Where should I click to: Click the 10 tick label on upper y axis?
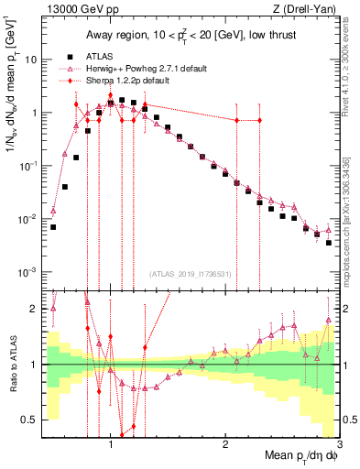(x=30, y=60)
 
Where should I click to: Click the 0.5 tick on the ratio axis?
(x=29, y=420)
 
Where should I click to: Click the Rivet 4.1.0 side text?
(x=353, y=69)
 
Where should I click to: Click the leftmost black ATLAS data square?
(x=53, y=227)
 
